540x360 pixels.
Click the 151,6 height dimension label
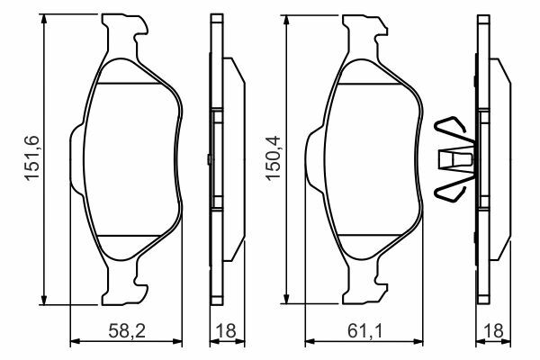coord(32,158)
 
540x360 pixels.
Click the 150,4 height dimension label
coord(274,158)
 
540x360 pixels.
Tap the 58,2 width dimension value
coord(127,331)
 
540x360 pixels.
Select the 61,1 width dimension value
coord(364,331)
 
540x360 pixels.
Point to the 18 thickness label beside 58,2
coord(226,331)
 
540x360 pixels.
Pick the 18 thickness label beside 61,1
coord(493,331)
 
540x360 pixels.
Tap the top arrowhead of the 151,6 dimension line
coord(44,19)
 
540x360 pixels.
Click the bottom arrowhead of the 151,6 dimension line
coord(44,300)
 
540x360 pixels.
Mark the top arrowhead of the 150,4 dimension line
coord(285,21)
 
